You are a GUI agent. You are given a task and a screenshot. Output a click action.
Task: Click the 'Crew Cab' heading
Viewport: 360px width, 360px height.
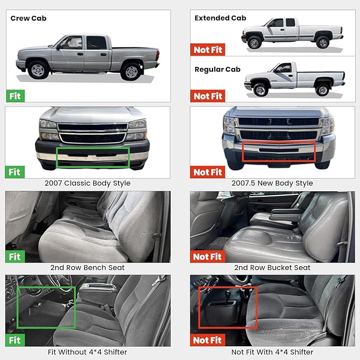click(x=28, y=18)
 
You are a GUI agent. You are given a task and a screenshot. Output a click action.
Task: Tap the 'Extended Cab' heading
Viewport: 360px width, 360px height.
click(x=220, y=18)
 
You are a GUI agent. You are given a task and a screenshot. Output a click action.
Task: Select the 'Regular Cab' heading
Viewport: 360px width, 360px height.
click(x=217, y=69)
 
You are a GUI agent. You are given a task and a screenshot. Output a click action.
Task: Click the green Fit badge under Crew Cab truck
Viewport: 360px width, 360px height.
click(x=14, y=96)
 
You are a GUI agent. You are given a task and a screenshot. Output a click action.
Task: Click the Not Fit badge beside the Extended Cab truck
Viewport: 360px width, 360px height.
click(x=208, y=50)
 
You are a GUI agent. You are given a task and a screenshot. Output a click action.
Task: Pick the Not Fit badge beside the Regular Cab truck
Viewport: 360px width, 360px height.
click(x=208, y=96)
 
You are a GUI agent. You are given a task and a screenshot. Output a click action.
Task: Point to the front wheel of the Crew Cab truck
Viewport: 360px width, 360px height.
click(x=39, y=70)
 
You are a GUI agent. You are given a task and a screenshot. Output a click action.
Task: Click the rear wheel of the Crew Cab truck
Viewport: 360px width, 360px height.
click(x=130, y=71)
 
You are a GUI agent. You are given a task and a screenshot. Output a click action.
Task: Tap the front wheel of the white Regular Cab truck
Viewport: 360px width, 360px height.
click(x=260, y=90)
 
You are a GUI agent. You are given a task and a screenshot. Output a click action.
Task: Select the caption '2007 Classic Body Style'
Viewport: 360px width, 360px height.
click(x=88, y=183)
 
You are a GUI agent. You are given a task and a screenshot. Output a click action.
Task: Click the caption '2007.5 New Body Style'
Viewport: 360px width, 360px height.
click(x=272, y=183)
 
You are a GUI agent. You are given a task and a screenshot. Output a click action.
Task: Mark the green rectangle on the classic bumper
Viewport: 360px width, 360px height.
click(x=93, y=157)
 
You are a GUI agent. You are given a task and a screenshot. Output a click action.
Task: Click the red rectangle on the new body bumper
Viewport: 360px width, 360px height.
click(x=279, y=152)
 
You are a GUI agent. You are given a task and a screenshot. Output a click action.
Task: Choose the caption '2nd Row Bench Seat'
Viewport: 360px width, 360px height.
click(x=88, y=268)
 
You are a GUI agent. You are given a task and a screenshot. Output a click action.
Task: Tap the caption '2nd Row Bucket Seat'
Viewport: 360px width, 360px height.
click(x=272, y=268)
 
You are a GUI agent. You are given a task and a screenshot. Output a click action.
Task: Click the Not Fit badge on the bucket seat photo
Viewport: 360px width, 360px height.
click(x=208, y=257)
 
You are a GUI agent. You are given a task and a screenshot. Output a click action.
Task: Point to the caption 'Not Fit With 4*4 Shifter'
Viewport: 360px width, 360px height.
click(x=272, y=352)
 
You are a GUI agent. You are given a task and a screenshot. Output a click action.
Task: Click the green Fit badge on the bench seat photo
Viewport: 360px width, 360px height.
click(x=14, y=257)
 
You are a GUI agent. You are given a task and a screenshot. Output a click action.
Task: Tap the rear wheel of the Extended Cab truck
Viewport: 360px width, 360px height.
click(x=322, y=42)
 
